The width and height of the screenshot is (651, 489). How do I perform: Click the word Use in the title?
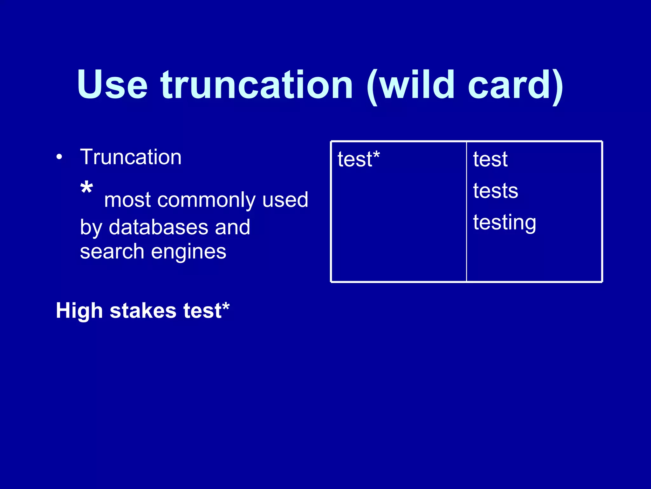point(112,85)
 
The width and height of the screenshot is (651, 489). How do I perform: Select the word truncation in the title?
point(257,85)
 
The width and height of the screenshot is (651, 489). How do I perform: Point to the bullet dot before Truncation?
point(59,157)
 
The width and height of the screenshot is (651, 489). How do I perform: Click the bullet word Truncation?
point(131,157)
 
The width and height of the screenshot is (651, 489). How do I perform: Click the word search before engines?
point(112,252)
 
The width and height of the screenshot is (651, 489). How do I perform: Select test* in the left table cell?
point(359,159)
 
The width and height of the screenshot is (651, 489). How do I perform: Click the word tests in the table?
point(495,191)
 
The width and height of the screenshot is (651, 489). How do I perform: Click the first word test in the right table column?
point(490,159)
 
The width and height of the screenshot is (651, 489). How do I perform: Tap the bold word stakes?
point(143,311)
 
